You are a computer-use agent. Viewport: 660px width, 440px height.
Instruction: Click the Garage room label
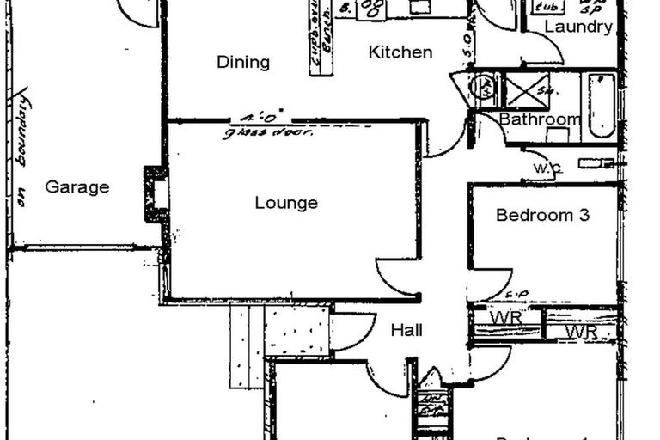pyautogui.click(x=76, y=186)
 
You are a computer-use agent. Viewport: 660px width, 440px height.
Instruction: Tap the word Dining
pyautogui.click(x=242, y=62)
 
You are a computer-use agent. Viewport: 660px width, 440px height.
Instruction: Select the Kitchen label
pyautogui.click(x=400, y=52)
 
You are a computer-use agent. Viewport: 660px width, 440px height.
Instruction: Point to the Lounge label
pyautogui.click(x=286, y=204)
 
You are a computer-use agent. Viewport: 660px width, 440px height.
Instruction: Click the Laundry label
pyautogui.click(x=578, y=27)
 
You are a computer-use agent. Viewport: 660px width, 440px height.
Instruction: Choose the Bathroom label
pyautogui.click(x=540, y=119)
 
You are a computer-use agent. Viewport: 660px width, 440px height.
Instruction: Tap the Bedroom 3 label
pyautogui.click(x=542, y=215)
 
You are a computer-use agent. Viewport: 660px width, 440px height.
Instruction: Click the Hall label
pyautogui.click(x=406, y=330)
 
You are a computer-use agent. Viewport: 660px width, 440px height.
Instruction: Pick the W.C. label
pyautogui.click(x=547, y=168)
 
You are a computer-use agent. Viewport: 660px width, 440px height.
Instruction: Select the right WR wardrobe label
pyautogui.click(x=581, y=331)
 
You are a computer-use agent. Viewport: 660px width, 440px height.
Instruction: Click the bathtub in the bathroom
pyautogui.click(x=602, y=106)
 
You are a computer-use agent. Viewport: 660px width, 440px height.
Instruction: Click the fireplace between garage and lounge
pyautogui.click(x=156, y=194)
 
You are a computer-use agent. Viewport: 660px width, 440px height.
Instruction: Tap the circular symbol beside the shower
pyautogui.click(x=484, y=88)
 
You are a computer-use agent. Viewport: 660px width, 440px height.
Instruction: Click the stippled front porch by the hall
pyautogui.click(x=296, y=329)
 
